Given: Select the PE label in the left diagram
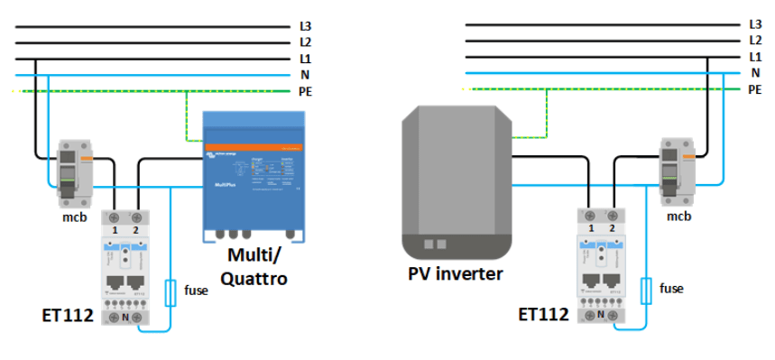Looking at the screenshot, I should [x=306, y=90].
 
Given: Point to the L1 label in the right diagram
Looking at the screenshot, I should [x=755, y=57].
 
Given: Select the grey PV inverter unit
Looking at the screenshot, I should [x=457, y=180].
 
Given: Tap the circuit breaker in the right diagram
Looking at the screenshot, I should [x=675, y=169].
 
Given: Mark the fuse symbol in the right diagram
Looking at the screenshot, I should [x=645, y=291].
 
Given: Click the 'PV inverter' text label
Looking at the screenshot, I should [x=455, y=272].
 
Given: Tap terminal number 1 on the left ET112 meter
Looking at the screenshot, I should [x=115, y=230].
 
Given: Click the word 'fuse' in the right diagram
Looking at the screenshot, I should [x=671, y=289].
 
